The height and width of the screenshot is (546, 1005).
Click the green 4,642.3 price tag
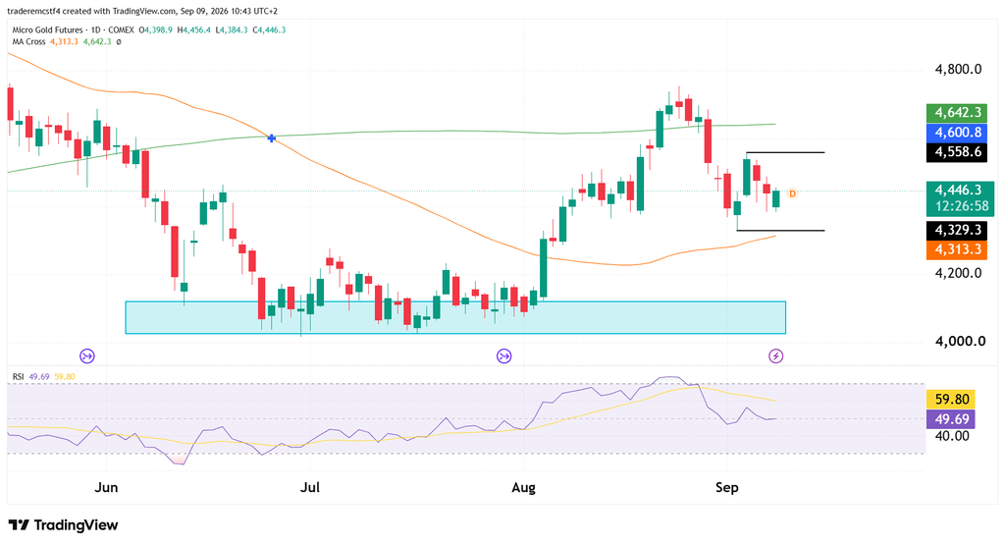coord(957,112)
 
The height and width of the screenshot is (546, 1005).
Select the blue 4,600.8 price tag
coord(957,133)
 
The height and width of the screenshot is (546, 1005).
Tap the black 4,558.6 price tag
coord(957,152)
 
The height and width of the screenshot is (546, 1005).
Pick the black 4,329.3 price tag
coord(957,230)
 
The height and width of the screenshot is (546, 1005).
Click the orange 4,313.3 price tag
coord(957,249)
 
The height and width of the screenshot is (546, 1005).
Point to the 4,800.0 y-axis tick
coord(958,70)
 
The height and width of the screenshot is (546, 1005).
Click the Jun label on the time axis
coord(106,488)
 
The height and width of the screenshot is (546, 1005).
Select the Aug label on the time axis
coord(524,488)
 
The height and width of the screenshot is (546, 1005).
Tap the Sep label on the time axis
coord(727,488)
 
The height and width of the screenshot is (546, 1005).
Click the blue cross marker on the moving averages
coord(272,137)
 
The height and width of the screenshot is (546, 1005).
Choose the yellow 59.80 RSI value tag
coord(951,399)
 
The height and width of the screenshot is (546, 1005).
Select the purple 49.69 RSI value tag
coord(951,419)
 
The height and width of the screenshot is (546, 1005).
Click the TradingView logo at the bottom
coord(63,524)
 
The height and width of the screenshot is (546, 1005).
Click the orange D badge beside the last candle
coord(792,193)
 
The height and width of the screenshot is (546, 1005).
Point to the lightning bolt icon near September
coord(775,356)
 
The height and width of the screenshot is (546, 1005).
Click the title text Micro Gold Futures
coord(47,30)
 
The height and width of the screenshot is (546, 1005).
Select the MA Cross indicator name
coord(28,41)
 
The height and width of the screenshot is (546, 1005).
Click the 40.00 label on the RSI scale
coord(952,436)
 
